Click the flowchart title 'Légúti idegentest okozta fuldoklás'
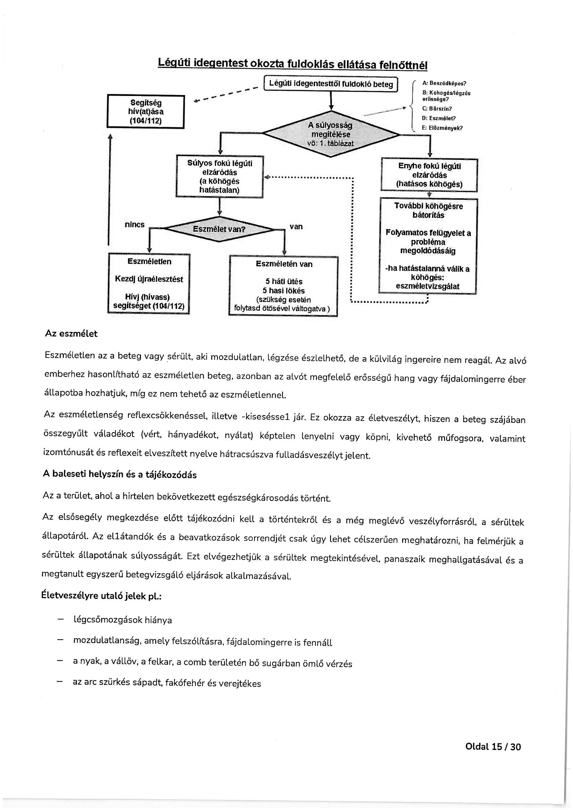click(292, 64)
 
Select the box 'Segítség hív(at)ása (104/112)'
click(146, 112)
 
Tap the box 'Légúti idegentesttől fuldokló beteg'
click(331, 84)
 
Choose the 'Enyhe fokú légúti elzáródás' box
click(429, 175)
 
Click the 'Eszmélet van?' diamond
click(219, 229)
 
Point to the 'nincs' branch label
click(134, 224)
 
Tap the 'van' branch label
click(296, 227)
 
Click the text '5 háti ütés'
click(284, 282)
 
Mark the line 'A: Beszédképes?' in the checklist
click(444, 83)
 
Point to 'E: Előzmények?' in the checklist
click(442, 128)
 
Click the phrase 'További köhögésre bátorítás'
click(428, 210)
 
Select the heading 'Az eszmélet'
click(71, 334)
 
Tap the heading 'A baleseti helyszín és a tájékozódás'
click(120, 475)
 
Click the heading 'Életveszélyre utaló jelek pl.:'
click(101, 596)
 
